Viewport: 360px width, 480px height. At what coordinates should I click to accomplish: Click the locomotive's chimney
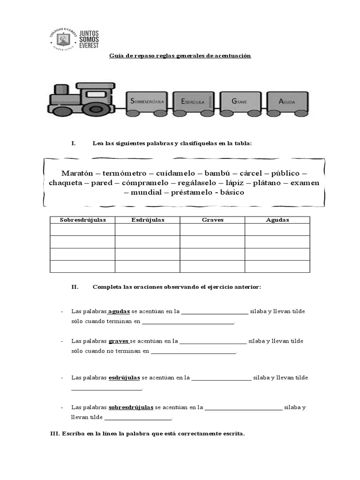[61, 89]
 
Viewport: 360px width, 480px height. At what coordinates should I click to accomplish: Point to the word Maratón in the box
[77, 173]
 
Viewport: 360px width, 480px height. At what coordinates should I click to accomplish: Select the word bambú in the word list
[218, 173]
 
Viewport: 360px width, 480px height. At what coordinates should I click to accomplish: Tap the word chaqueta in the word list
[65, 183]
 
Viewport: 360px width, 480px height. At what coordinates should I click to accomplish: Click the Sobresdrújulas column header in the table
[82, 220]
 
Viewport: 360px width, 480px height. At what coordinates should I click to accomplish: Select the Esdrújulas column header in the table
[147, 220]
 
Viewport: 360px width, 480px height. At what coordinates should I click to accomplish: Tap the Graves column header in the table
[212, 220]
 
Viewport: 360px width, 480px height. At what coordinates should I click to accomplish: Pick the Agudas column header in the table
[277, 220]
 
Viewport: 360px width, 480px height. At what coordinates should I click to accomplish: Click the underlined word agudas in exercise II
[119, 311]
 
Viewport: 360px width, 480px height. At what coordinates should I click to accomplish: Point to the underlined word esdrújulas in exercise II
[124, 377]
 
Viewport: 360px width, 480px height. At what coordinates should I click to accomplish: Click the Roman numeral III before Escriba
[54, 434]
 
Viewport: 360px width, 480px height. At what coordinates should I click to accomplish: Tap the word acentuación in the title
[232, 56]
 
